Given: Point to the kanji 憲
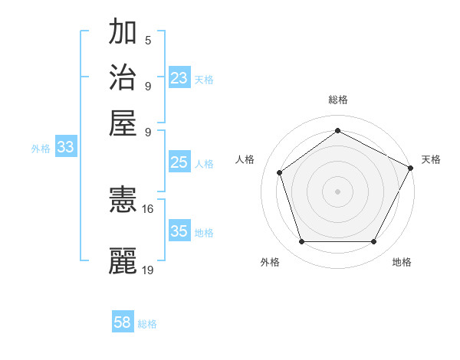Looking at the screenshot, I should [123, 200].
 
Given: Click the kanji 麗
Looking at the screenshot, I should [123, 260].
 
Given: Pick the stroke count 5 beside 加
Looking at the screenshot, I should [148, 41].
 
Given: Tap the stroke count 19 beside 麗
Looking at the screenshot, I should [148, 270].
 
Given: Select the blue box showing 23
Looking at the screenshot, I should [179, 78].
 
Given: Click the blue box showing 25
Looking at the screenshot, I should [179, 162].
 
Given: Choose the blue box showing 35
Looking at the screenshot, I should [179, 231].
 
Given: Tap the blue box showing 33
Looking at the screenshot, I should [65, 148].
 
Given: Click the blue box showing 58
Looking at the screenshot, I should [123, 322].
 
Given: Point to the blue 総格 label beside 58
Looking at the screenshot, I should [147, 324].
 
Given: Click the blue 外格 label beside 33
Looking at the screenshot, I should [41, 149].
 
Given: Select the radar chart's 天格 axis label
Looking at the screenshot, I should [431, 159].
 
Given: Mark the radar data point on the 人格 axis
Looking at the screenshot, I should [280, 172].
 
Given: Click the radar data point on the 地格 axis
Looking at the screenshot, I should [373, 241].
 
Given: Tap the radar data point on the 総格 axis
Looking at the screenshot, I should [337, 131].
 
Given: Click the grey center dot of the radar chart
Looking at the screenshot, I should [337, 191].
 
